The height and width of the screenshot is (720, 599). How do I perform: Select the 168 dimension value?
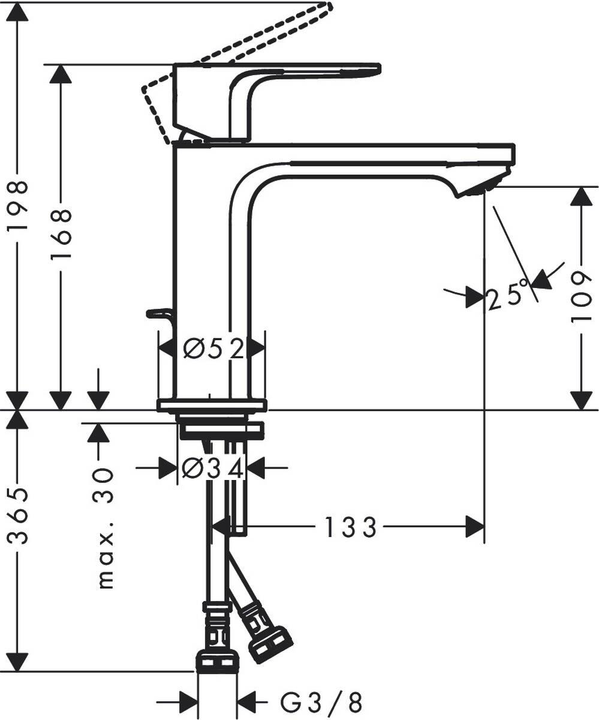click(61, 234)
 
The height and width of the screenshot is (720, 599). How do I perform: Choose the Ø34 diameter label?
click(213, 469)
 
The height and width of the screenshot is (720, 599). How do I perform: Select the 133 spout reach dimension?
click(350, 527)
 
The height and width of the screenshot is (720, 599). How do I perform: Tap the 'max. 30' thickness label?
click(105, 528)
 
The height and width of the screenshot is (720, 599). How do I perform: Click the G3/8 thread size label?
click(321, 700)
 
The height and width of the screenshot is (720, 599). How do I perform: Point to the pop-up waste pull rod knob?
click(157, 313)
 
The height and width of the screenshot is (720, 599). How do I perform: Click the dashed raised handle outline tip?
click(327, 7)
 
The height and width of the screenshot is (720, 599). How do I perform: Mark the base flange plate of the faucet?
click(211, 405)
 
